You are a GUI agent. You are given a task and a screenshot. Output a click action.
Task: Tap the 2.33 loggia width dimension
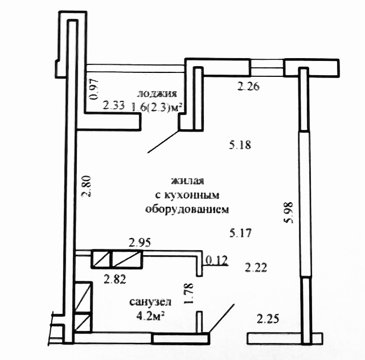click(114, 105)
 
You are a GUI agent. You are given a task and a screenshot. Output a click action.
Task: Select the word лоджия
click(157, 93)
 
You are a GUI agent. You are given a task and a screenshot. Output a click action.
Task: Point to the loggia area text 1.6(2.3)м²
click(157, 107)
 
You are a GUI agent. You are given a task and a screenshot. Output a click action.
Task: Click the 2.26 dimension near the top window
click(248, 87)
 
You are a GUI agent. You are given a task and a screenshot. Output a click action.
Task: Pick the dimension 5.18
click(240, 145)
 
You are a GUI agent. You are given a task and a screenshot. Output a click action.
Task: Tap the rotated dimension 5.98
click(289, 212)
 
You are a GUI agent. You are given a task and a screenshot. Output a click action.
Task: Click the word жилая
click(187, 181)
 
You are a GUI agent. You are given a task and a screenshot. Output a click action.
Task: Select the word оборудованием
click(187, 209)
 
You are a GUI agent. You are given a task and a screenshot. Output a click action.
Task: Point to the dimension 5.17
click(240, 233)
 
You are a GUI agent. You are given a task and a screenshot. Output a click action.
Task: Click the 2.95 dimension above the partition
click(140, 243)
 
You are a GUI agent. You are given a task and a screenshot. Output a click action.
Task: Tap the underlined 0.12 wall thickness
click(217, 260)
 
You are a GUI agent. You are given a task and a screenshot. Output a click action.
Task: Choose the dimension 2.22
click(256, 268)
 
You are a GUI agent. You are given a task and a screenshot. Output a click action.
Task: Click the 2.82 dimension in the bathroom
click(115, 279)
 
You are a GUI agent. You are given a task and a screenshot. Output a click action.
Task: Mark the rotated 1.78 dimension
click(188, 293)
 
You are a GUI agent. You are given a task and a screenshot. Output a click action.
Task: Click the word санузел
click(150, 302)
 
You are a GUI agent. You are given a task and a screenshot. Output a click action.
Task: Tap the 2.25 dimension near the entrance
click(268, 319)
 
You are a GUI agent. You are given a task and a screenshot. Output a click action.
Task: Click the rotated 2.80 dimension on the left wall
click(86, 186)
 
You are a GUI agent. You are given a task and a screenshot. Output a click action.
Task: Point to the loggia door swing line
click(163, 142)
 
